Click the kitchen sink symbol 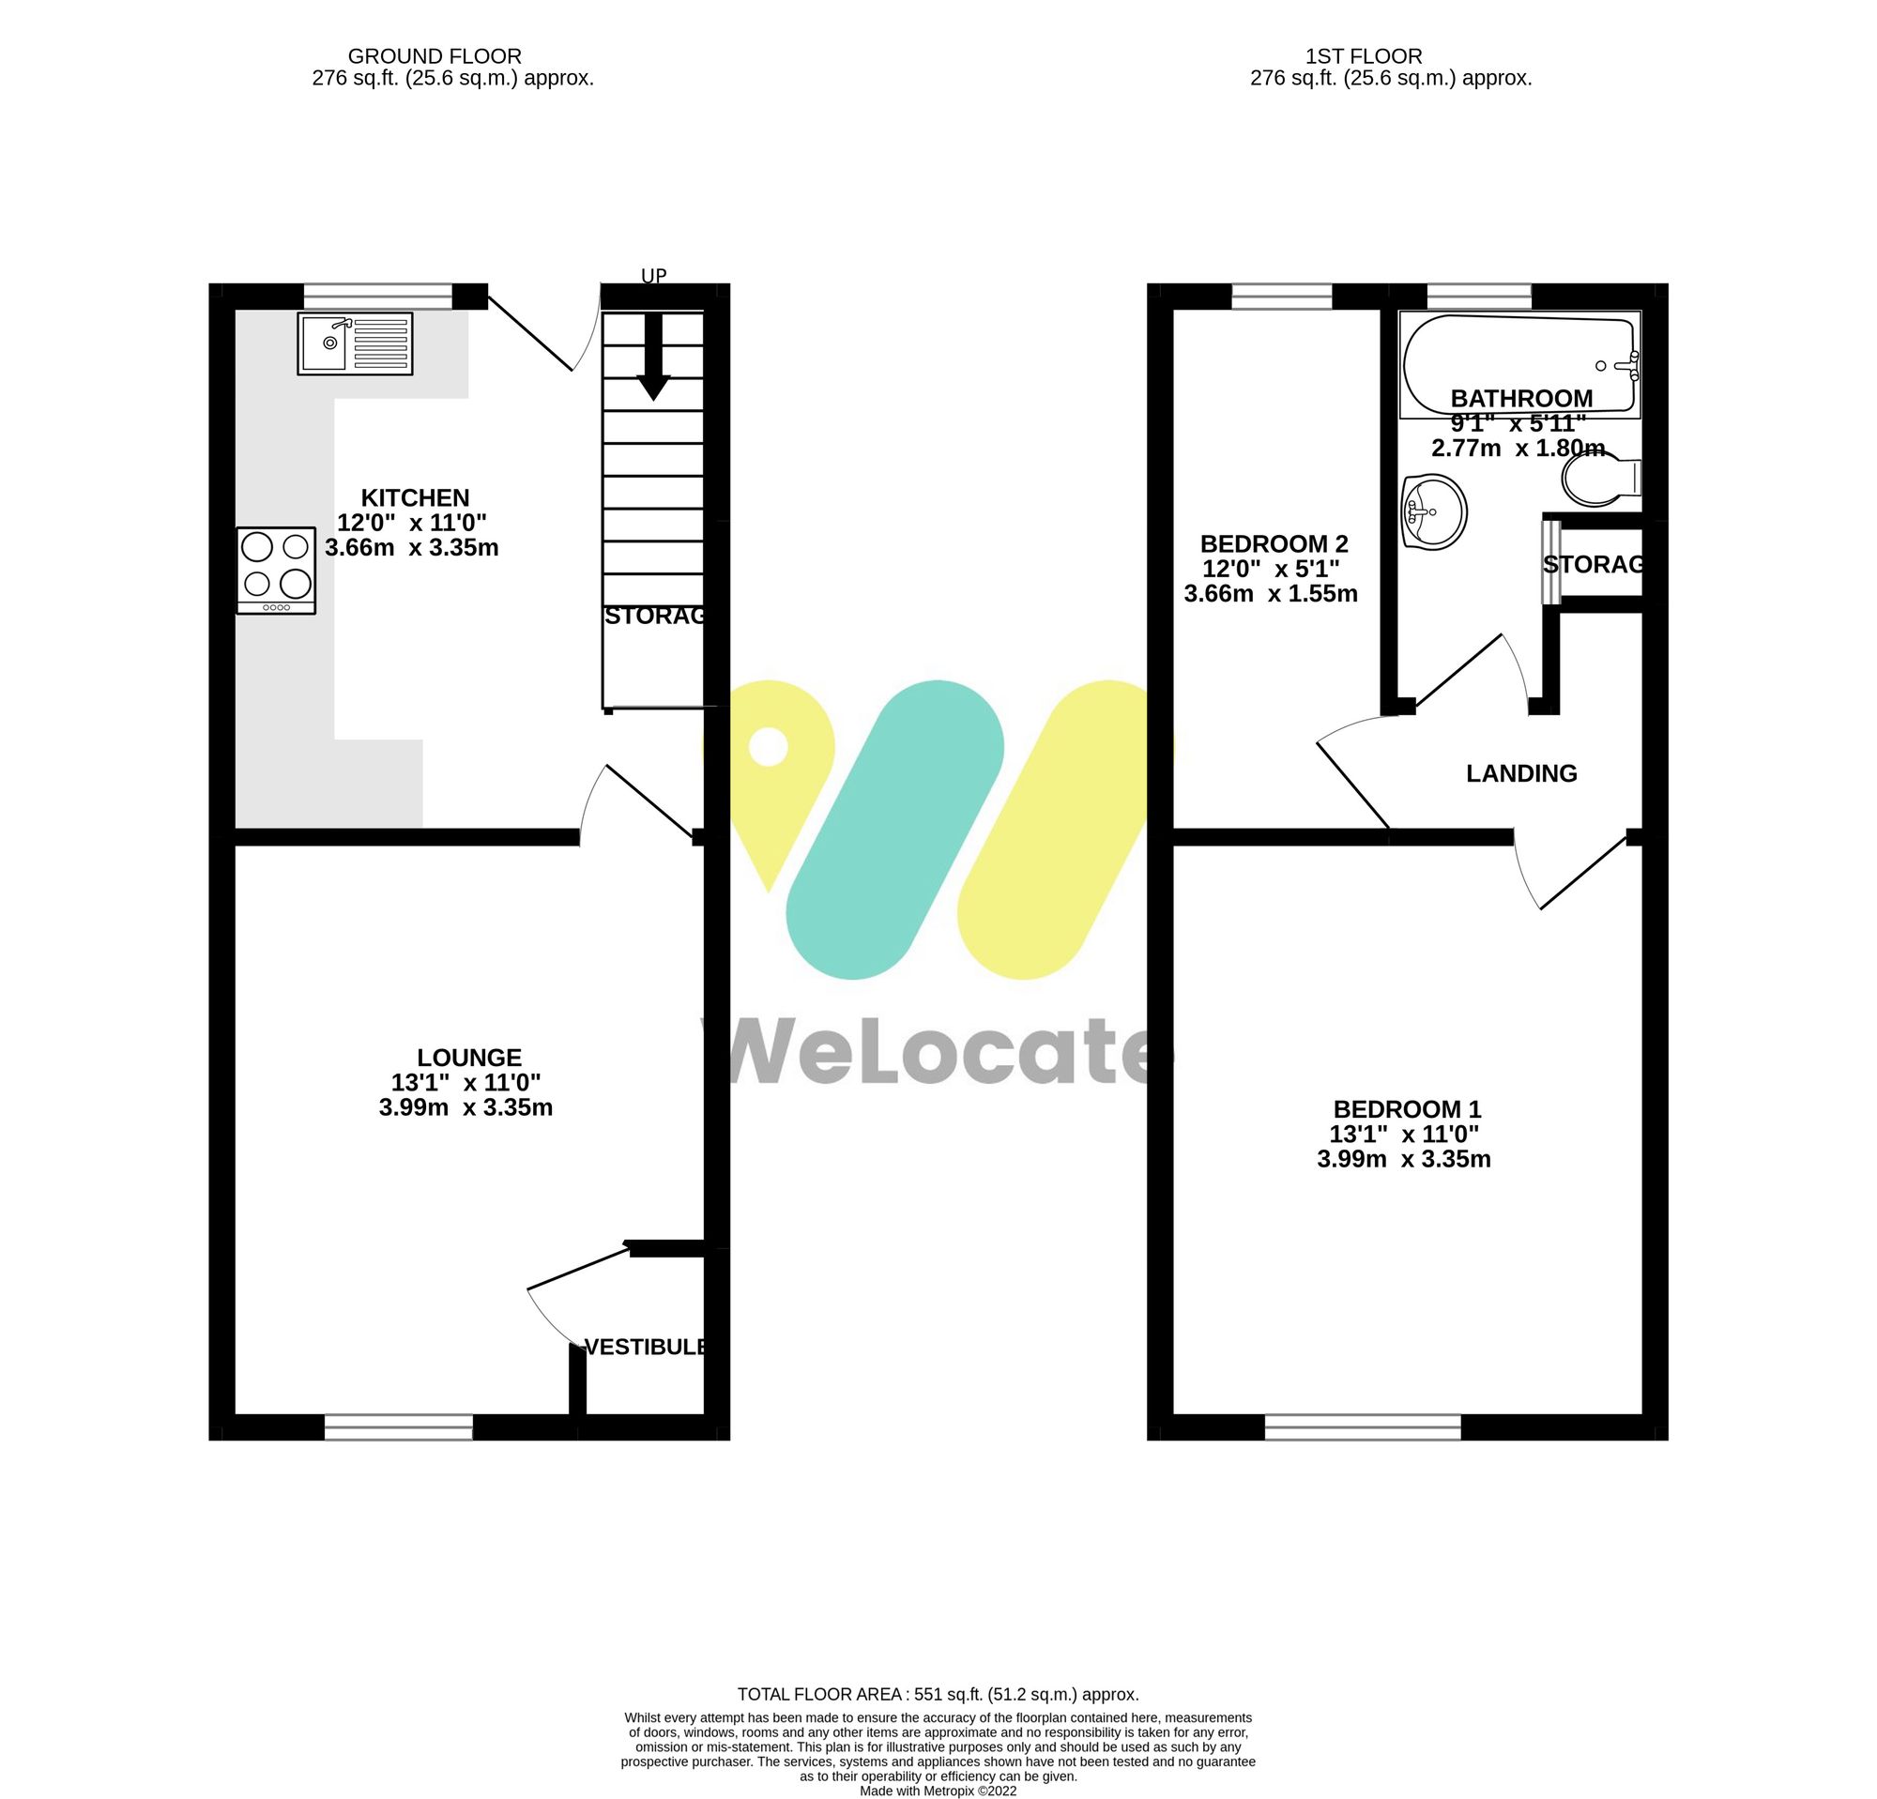point(355,343)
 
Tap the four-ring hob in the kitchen point(276,570)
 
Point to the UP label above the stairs point(653,276)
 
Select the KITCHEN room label point(415,498)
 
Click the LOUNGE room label point(469,1057)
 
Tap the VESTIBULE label point(647,1347)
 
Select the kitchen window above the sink point(377,296)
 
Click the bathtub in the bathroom point(1518,364)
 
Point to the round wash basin point(1434,512)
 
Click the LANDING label point(1520,773)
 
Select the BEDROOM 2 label point(1274,543)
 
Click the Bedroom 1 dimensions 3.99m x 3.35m point(1404,1159)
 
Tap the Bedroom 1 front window point(1363,1427)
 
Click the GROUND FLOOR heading point(434,56)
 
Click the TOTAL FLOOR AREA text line point(938,1695)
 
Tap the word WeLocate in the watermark point(938,1053)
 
